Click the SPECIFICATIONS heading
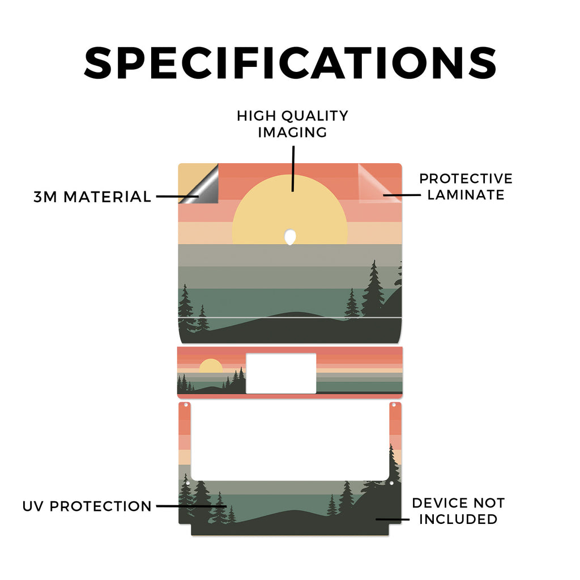290,63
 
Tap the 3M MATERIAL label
92,197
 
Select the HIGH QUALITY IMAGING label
292,124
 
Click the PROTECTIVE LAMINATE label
466,186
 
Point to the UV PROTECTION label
87,506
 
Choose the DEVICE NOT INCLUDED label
458,511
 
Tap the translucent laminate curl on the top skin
377,184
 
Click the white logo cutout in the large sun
290,237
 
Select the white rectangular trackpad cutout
281,373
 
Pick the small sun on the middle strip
211,366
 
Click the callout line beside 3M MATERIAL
177,197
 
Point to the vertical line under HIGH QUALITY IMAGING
293,169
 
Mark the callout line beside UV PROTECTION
191,506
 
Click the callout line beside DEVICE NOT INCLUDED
393,519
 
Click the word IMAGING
292,133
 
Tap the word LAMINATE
466,195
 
